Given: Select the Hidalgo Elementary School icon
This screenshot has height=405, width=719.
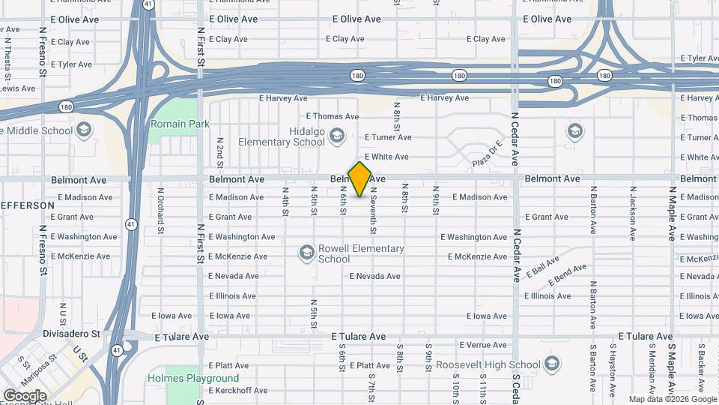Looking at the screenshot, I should point(336,136).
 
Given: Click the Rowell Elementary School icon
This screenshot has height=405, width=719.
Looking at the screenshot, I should point(306,253).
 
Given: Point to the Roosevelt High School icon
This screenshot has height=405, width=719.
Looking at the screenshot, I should point(552,364).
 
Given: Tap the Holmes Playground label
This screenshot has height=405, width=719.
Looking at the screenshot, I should point(193,378).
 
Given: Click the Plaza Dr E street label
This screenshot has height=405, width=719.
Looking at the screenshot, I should point(486,155).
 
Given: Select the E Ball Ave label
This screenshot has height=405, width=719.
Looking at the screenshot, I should point(544,267).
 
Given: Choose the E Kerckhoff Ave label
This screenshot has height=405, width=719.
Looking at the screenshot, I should point(238,391).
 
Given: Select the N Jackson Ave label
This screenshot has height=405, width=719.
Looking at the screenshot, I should point(632,213).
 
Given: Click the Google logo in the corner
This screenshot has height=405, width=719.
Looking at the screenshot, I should point(25,395).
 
